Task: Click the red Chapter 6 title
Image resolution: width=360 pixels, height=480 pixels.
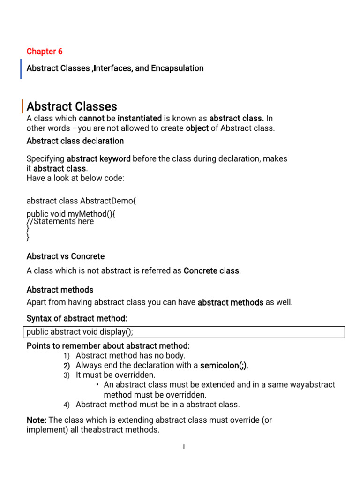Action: click(45, 52)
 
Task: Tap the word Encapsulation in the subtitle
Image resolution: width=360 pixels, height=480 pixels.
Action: click(177, 68)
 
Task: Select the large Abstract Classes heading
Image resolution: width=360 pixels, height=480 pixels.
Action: click(72, 106)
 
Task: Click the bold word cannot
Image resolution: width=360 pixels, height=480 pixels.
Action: click(91, 118)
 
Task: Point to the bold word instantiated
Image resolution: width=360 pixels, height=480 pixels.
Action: click(140, 118)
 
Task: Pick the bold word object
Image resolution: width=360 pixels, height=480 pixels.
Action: click(197, 128)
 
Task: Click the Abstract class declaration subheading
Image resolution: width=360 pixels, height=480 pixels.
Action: click(75, 141)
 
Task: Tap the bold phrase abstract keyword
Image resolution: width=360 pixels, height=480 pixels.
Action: click(98, 158)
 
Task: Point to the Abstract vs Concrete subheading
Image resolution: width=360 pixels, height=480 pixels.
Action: click(66, 256)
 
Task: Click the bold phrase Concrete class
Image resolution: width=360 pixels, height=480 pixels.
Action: click(211, 271)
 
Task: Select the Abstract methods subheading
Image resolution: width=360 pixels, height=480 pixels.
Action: click(60, 290)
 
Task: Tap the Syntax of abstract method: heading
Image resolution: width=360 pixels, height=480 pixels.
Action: click(77, 319)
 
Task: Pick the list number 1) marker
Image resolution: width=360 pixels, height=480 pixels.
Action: click(66, 356)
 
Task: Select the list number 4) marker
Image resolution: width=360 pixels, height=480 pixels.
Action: click(66, 405)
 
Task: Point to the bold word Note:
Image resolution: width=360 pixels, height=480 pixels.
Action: click(36, 420)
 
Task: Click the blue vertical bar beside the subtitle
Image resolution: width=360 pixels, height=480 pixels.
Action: click(22, 68)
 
